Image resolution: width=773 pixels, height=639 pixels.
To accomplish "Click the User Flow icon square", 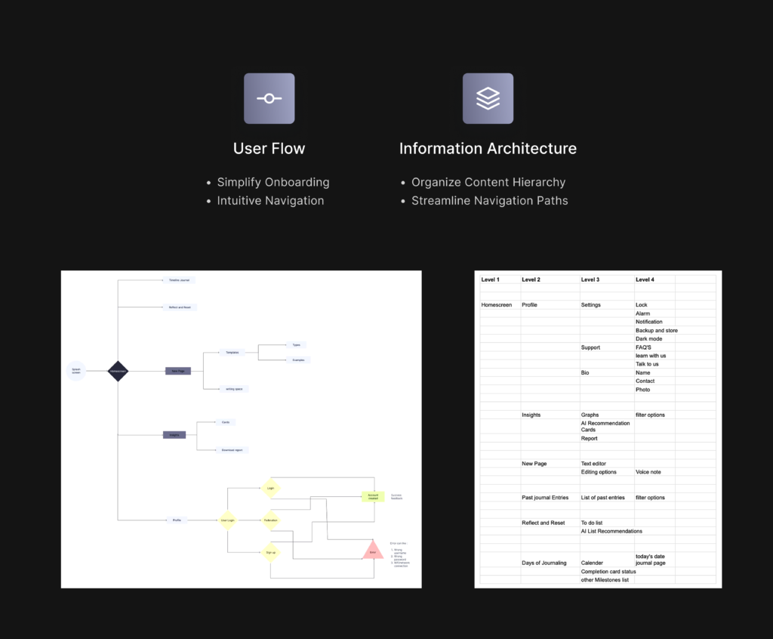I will [269, 98].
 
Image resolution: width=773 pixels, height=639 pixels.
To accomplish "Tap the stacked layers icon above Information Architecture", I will [488, 98].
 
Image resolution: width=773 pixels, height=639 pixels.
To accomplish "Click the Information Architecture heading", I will [488, 149].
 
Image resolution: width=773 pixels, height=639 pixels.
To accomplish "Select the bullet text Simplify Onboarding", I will [273, 182].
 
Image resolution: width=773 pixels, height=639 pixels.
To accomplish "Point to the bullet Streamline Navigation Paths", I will [489, 201].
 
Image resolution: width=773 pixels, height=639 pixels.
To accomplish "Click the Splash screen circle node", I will [75, 371].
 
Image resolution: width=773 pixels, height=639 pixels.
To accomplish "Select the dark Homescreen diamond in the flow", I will [118, 371].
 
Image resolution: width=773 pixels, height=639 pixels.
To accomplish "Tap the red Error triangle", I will [372, 551].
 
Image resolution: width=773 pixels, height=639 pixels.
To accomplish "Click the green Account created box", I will [373, 496].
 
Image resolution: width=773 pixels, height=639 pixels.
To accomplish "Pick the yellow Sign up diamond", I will [270, 553].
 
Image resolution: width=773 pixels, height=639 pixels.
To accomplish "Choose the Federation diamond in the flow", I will [270, 520].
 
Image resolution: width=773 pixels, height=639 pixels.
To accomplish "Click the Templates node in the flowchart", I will [233, 352].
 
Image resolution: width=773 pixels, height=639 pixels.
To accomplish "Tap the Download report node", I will [232, 450].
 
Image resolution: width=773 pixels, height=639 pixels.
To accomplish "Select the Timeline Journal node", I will [178, 280].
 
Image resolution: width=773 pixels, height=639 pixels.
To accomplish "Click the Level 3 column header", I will [590, 279].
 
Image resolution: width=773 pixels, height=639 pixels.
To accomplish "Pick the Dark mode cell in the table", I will [648, 339].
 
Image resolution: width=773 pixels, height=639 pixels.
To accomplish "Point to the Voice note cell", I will [648, 472].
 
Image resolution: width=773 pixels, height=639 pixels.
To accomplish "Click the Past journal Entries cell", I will [545, 498].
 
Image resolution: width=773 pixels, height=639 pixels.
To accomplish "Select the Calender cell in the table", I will [592, 563].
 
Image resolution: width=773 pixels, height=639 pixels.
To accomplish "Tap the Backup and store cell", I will [656, 330].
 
